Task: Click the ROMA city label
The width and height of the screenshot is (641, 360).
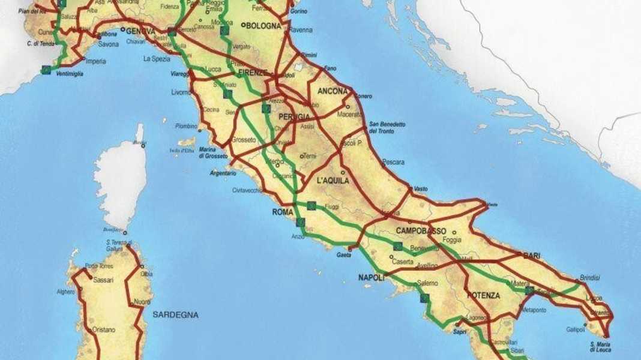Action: pyautogui.click(x=282, y=212)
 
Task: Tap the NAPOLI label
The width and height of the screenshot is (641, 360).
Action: pyautogui.click(x=372, y=278)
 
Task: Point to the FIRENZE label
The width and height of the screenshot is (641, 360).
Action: pyautogui.click(x=252, y=73)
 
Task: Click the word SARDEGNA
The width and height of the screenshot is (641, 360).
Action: pyautogui.click(x=175, y=314)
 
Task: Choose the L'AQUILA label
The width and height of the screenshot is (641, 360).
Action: pyautogui.click(x=333, y=180)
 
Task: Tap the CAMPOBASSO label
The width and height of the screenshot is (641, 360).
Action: pyautogui.click(x=421, y=231)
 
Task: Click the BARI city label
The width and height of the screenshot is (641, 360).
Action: pyautogui.click(x=532, y=256)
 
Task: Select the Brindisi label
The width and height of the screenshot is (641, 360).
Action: pyautogui.click(x=591, y=278)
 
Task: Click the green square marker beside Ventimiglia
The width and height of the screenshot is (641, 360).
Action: pyautogui.click(x=46, y=70)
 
